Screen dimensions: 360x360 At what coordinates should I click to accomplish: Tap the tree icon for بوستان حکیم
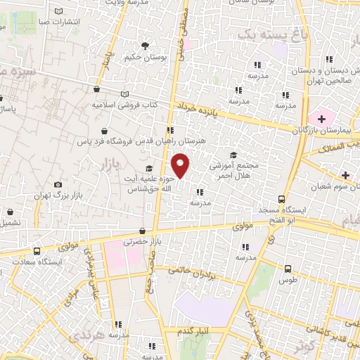pyautogui.click(x=145, y=46)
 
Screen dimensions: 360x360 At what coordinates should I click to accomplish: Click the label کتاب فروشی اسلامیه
pyautogui.click(x=123, y=104)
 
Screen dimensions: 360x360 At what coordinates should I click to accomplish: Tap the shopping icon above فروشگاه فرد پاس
pyautogui.click(x=105, y=131)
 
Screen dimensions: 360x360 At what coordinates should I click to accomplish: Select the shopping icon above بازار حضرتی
pyautogui.click(x=143, y=231)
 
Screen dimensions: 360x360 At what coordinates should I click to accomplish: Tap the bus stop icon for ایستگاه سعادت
pyautogui.click(x=37, y=250)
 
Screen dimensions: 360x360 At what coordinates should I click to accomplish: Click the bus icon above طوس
pyautogui.click(x=288, y=268)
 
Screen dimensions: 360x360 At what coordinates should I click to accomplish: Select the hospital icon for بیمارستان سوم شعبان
pyautogui.click(x=345, y=174)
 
